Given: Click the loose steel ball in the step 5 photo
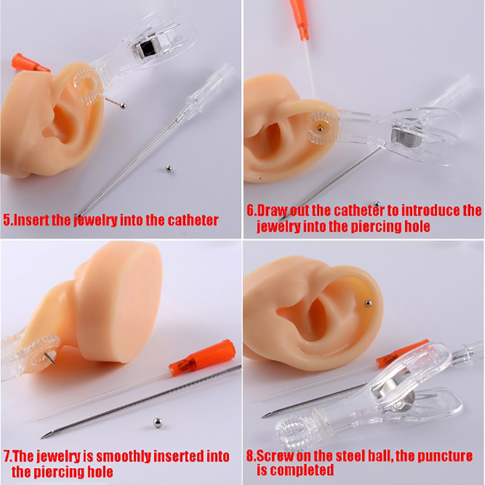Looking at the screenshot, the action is click(x=169, y=169).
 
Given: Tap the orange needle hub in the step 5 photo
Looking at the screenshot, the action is click(x=30, y=63).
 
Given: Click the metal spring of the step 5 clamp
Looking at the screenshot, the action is click(x=147, y=47).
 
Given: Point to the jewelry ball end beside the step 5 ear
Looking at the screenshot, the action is click(x=123, y=106).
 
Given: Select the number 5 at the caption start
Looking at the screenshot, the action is click(x=7, y=220).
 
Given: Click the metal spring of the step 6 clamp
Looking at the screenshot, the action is click(x=406, y=138).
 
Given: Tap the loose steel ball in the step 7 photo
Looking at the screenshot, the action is click(x=158, y=422).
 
